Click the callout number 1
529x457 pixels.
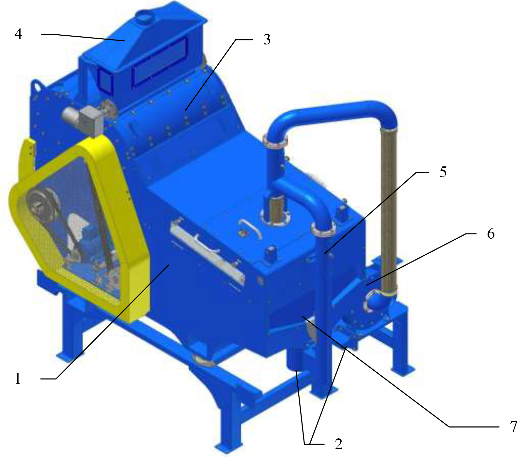(18, 379)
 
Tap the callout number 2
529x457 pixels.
(338, 444)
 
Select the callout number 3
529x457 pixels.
(267, 39)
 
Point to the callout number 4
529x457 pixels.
(18, 34)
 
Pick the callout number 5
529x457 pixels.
(443, 172)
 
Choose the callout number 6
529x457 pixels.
(491, 234)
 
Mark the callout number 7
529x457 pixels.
(514, 426)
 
